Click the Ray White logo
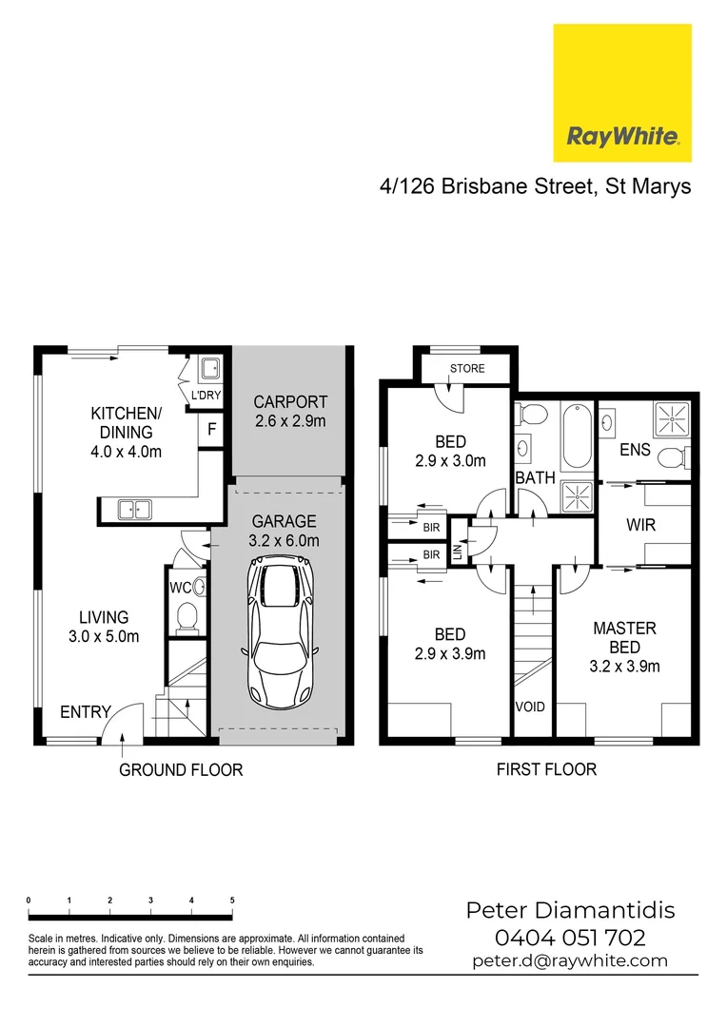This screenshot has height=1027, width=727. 622,93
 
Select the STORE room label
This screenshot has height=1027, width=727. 466,369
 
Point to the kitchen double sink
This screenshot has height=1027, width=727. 134,510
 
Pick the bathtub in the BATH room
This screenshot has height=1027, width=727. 576,438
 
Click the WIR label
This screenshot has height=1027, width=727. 640,525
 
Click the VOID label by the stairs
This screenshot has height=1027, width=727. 530,707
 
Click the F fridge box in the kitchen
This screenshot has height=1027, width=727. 211,430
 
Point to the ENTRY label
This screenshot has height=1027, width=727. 86,712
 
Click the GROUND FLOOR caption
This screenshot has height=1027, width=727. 181,769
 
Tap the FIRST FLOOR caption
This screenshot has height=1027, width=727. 546,769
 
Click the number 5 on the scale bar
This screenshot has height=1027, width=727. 232,900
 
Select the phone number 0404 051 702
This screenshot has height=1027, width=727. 570,938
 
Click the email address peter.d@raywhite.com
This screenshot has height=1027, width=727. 570,961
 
